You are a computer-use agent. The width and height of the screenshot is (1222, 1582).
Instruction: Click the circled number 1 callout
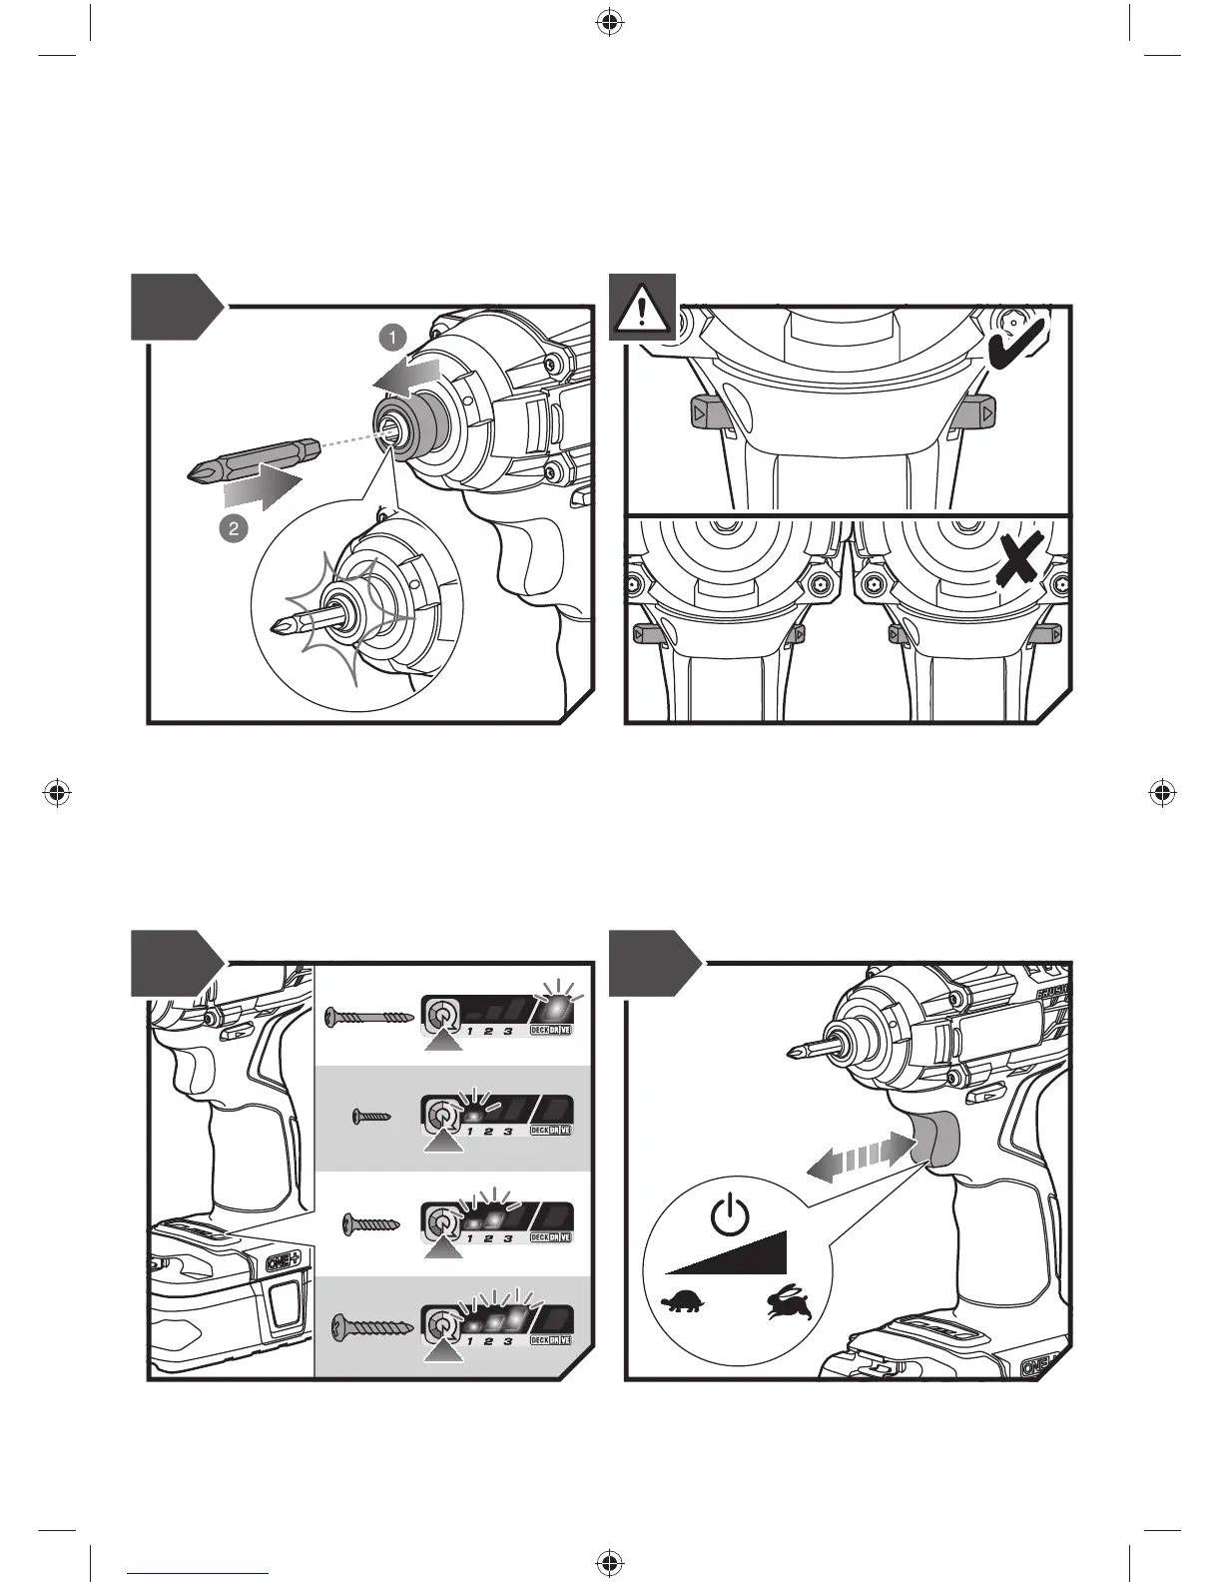coord(393,338)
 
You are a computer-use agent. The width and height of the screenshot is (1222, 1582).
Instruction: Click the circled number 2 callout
coord(233,528)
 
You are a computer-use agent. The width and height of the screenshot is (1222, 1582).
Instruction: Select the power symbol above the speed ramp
coord(731,1215)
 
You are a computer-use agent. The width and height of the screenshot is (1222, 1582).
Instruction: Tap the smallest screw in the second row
coord(372,1118)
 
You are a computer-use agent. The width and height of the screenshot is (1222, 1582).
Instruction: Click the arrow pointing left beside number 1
coord(408,379)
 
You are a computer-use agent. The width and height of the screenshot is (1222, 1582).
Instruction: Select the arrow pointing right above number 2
coord(263,489)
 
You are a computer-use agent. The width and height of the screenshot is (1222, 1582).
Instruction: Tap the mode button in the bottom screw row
coord(438,1325)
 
